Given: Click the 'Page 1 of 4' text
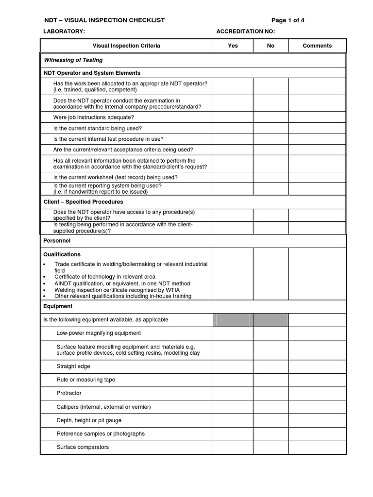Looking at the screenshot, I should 288,20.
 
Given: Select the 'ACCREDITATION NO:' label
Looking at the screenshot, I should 245,32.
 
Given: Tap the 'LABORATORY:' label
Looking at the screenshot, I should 65,32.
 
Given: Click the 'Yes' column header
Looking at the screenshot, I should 233,46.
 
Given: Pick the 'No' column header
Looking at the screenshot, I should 271,46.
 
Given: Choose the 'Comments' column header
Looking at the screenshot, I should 317,46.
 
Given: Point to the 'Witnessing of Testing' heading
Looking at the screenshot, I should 73,60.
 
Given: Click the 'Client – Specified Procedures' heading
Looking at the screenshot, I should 84,202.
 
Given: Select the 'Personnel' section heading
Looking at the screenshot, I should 57,241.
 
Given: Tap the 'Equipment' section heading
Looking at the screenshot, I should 58,306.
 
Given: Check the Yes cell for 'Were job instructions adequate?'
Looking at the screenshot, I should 233,117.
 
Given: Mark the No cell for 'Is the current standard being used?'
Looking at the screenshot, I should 271,128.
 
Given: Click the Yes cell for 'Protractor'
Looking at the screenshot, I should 233,393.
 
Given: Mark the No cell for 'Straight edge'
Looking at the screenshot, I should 271,366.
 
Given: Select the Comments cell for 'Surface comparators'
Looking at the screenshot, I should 317,447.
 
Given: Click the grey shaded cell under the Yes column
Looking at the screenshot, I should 233,320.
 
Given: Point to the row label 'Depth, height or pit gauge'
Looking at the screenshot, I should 89,420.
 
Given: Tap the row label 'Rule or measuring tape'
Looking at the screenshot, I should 85,380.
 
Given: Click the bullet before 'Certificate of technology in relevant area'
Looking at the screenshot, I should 45,277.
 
